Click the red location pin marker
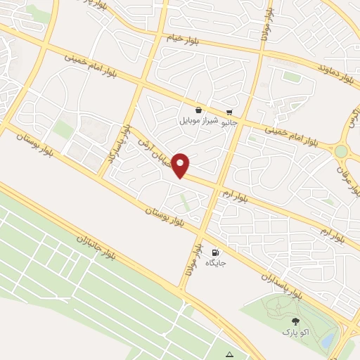tap(182, 165)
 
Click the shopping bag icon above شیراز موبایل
tap(199, 110)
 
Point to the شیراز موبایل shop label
tap(199, 120)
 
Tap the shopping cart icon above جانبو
tap(230, 112)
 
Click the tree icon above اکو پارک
tap(295, 321)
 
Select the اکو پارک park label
tap(295, 331)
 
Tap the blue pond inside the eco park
tap(328, 339)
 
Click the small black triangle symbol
tap(229, 353)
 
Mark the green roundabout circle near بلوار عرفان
tap(341, 151)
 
